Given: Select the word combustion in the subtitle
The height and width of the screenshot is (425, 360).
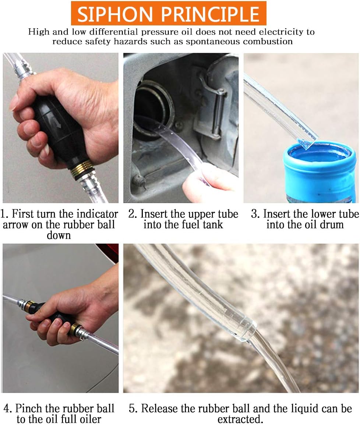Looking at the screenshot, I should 265,41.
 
